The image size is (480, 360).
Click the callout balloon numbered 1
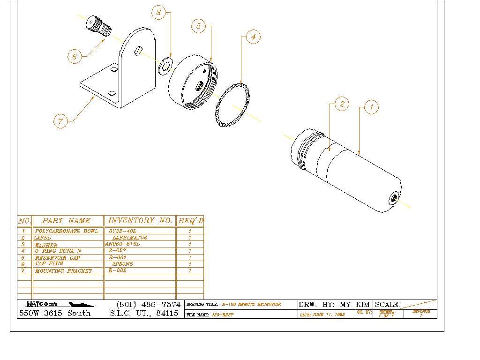(x=371, y=107)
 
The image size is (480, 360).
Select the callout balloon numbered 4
(x=253, y=37)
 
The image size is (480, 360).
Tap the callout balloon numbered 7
(x=60, y=121)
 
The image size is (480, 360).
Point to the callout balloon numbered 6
(x=75, y=57)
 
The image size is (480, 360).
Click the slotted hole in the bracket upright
(x=137, y=50)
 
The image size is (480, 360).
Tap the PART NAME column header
(x=66, y=220)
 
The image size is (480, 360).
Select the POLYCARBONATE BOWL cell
(x=67, y=232)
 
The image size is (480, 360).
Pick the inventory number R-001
(x=118, y=258)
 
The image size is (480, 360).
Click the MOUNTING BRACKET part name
(x=64, y=271)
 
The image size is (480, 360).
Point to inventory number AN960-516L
(x=123, y=244)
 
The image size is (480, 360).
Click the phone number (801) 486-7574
(x=148, y=305)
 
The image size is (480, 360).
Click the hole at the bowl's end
(x=393, y=199)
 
